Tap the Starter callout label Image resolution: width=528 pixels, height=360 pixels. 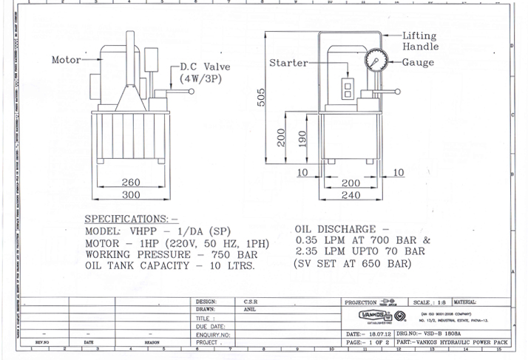pos(288,63)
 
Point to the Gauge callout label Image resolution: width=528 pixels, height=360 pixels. pos(418,63)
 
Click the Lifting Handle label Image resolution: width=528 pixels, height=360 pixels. pos(419,41)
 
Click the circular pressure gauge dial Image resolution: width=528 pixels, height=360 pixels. pos(376,63)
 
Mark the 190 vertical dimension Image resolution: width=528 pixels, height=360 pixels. pos(302,138)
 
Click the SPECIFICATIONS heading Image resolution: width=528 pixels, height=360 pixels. pos(131,220)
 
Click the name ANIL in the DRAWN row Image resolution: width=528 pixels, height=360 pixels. pos(249,310)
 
